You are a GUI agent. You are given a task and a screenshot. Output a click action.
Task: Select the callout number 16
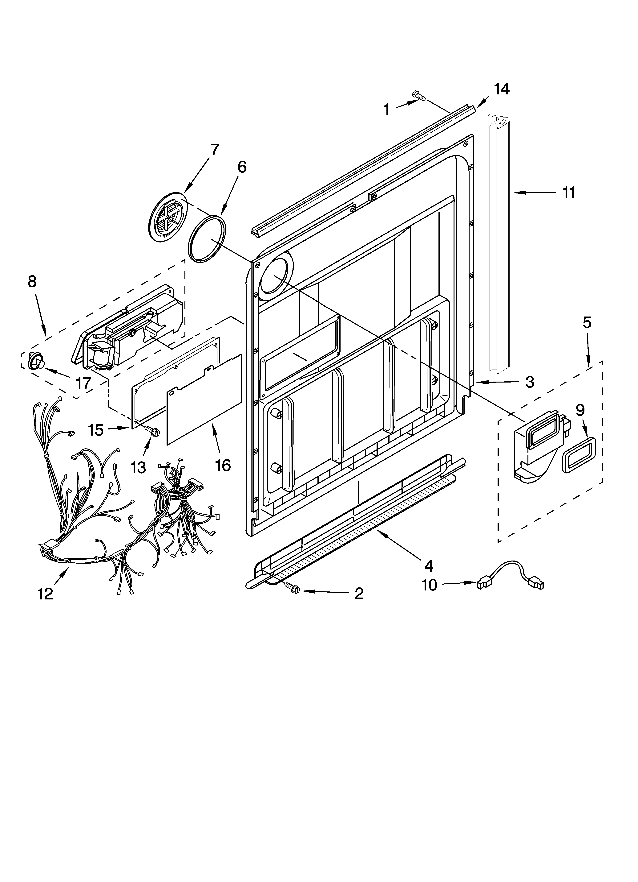223,465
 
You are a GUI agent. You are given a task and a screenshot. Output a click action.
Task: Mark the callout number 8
32,282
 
